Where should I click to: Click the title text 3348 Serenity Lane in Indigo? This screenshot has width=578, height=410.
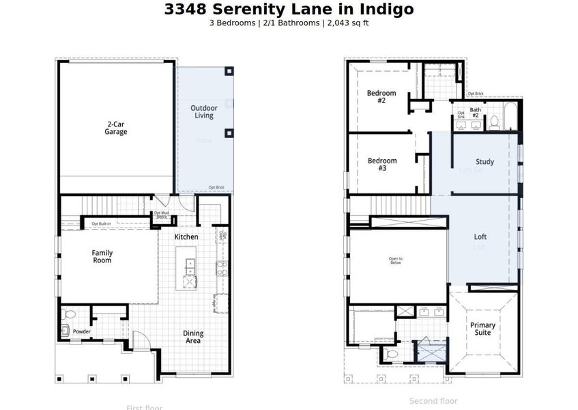pyautogui.click(x=289, y=10)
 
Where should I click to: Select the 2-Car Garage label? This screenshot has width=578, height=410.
pyautogui.click(x=115, y=128)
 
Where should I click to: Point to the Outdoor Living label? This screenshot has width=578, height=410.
pyautogui.click(x=203, y=112)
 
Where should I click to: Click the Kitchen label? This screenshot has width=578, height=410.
pyautogui.click(x=186, y=237)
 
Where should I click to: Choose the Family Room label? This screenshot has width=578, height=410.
pyautogui.click(x=102, y=256)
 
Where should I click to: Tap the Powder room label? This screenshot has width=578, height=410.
pyautogui.click(x=82, y=332)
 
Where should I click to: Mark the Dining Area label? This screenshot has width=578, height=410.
pyautogui.click(x=193, y=337)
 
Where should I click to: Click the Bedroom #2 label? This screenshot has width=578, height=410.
pyautogui.click(x=381, y=96)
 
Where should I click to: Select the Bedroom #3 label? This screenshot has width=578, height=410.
pyautogui.click(x=381, y=164)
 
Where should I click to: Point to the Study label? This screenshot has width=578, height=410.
pyautogui.click(x=485, y=162)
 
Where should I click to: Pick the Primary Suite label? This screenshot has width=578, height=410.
pyautogui.click(x=483, y=329)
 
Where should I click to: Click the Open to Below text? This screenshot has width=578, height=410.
pyautogui.click(x=396, y=261)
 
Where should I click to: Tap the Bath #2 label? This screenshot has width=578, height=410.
pyautogui.click(x=475, y=112)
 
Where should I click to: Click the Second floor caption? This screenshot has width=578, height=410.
pyautogui.click(x=433, y=401)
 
